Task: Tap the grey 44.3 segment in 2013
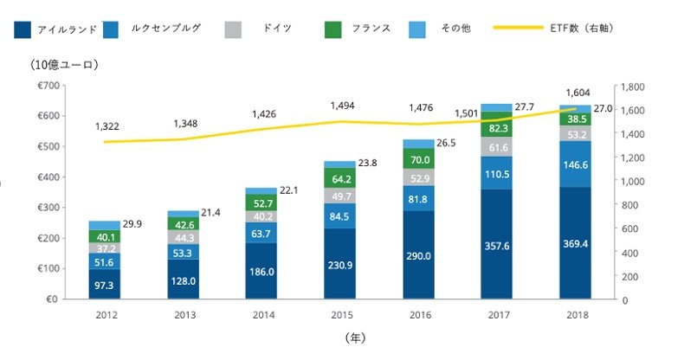click(x=182, y=237)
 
